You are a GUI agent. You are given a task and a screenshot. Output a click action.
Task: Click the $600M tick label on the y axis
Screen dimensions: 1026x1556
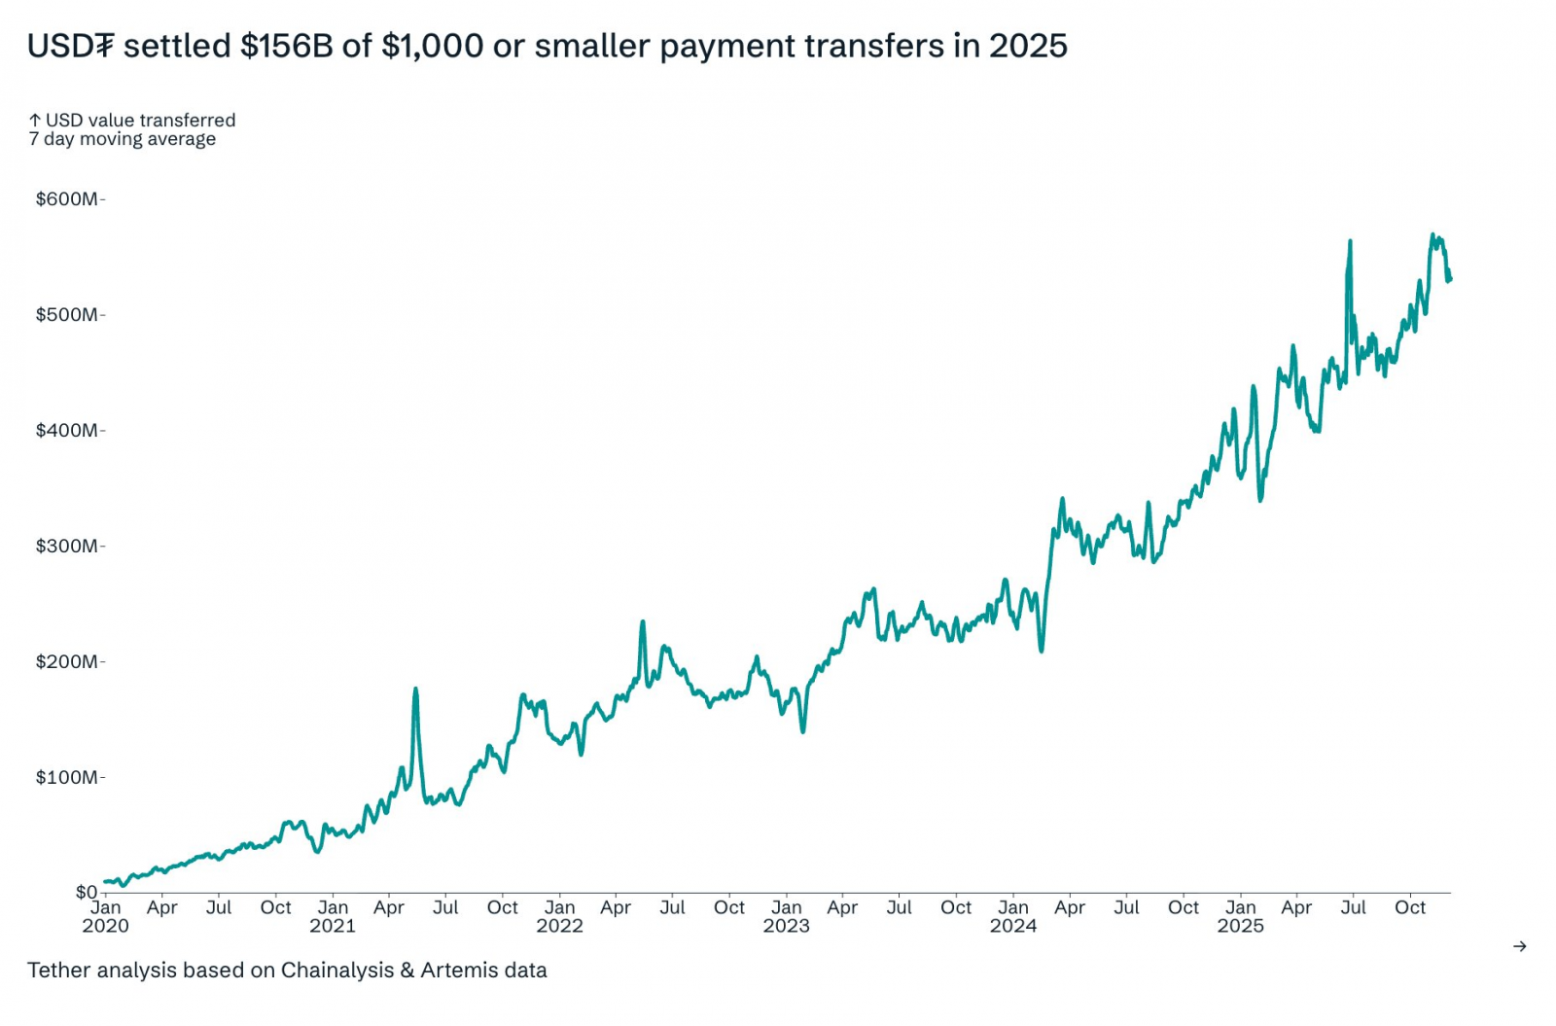point(67,199)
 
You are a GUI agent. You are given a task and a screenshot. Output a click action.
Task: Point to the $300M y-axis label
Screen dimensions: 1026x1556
point(67,547)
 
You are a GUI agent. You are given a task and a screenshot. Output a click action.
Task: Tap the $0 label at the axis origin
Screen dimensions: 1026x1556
point(87,892)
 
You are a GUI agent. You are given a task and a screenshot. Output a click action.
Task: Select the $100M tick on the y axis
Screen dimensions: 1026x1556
point(67,778)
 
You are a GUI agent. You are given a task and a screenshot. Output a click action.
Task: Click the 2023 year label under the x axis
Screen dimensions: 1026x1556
point(786,926)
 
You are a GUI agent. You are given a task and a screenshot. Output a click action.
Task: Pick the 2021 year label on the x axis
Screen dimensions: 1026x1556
point(333,926)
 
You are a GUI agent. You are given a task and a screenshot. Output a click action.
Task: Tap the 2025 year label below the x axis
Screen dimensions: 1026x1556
point(1240,926)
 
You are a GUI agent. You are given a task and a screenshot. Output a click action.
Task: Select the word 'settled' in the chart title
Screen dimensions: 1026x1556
point(177,46)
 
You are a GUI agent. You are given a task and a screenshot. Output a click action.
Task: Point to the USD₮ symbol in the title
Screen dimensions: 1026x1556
point(71,46)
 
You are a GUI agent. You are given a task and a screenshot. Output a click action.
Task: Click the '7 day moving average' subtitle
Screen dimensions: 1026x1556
point(123,139)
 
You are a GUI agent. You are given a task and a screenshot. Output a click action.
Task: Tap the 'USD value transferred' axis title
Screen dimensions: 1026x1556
point(140,120)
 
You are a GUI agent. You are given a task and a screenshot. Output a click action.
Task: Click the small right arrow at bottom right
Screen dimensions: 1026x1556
point(1520,946)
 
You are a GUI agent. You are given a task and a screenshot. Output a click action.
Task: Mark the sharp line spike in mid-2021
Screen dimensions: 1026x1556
point(415,690)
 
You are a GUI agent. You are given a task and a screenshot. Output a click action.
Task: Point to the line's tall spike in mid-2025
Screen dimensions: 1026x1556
point(1350,241)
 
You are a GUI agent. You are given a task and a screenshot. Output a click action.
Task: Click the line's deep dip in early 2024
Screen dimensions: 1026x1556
point(1042,650)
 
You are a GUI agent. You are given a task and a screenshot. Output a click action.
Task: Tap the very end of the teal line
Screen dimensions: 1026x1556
point(1450,280)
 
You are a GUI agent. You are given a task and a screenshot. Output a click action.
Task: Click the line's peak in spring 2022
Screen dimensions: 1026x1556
point(643,622)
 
